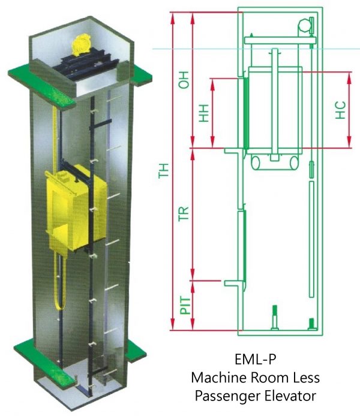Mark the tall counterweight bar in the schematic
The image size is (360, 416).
tap(311, 240)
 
